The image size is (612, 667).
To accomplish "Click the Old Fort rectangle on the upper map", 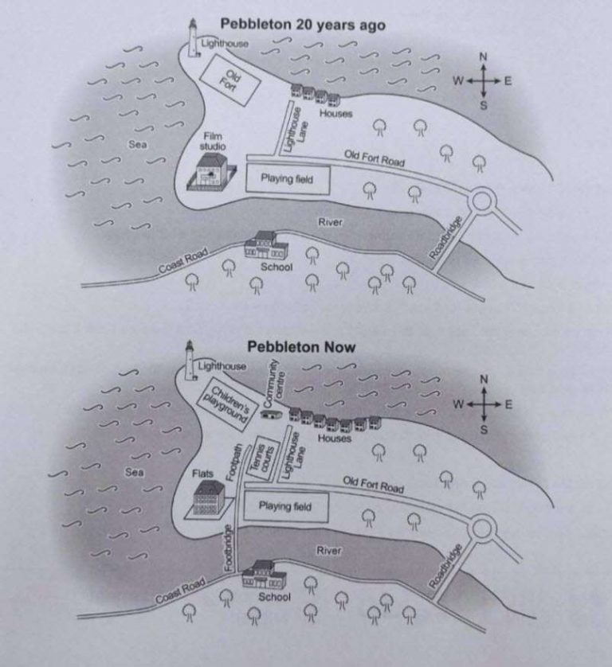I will [x=229, y=81].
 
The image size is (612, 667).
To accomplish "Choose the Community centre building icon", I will [x=273, y=414].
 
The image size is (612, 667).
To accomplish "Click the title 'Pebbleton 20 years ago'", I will [x=302, y=25].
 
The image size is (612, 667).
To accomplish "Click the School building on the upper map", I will [x=263, y=244].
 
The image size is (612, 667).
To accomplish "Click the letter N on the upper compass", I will [x=483, y=57].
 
